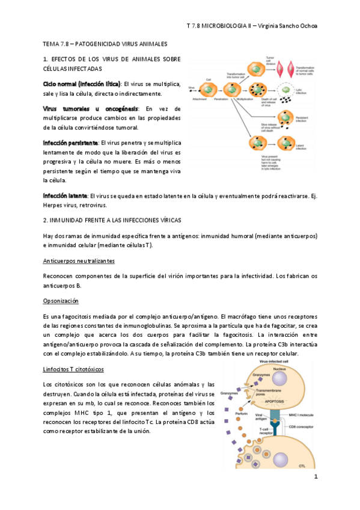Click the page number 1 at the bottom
[x=315, y=476]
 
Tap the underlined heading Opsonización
[x=60, y=301]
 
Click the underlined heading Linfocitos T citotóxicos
[x=73, y=369]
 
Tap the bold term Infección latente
[x=64, y=195]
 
